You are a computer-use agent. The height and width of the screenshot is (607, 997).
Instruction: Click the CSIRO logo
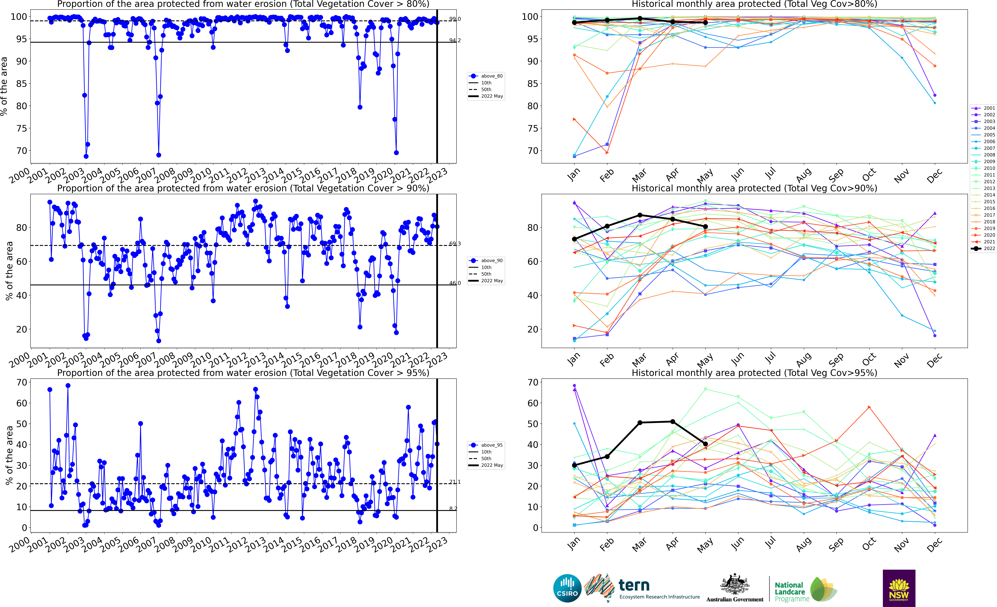click(x=567, y=588)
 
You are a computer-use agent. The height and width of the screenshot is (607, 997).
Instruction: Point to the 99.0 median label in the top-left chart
click(x=455, y=19)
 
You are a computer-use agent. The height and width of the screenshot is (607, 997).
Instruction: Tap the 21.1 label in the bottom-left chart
click(x=455, y=482)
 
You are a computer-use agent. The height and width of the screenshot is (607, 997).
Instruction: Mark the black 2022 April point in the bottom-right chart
click(x=672, y=422)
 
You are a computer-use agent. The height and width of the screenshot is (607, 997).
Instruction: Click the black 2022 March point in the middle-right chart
click(x=640, y=215)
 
